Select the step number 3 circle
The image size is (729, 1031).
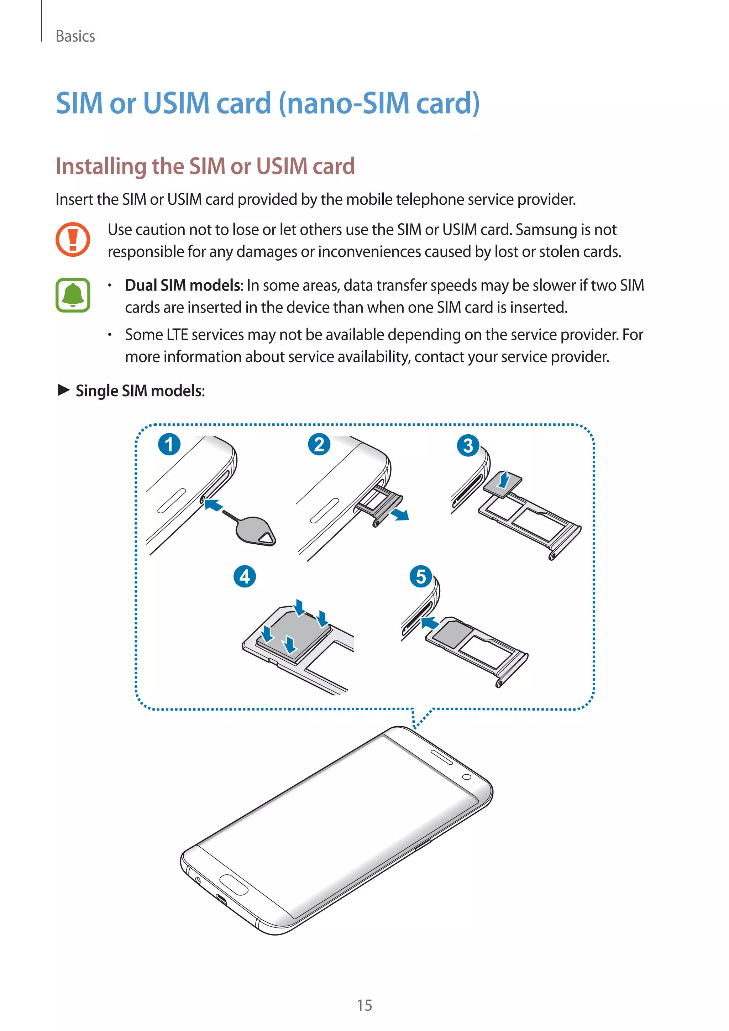click(x=468, y=445)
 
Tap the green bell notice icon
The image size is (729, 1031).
click(x=73, y=295)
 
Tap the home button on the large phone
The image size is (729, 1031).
click(x=234, y=885)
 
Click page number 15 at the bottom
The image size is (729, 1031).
click(x=364, y=1005)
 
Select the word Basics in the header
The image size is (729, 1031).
click(x=75, y=36)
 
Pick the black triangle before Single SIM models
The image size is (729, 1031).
click(x=64, y=390)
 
